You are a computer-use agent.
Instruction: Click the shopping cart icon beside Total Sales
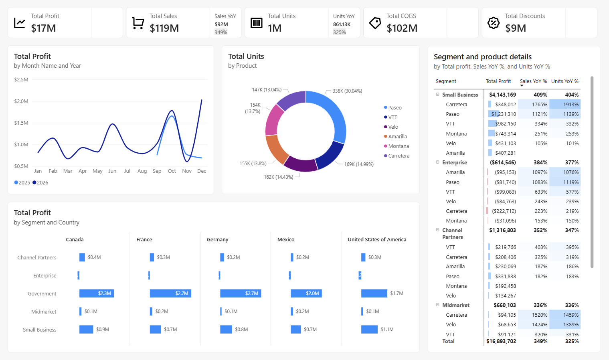[x=138, y=23]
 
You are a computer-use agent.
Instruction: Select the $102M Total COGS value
[x=402, y=28]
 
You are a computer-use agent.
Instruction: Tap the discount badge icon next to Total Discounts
[x=493, y=23]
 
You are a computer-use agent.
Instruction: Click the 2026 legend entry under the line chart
[x=40, y=182]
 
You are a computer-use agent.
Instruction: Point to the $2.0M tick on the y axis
[x=21, y=101]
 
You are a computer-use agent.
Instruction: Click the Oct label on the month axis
[x=172, y=171]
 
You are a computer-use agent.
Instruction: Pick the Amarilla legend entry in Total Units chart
[x=397, y=136]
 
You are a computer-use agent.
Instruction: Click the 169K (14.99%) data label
[x=359, y=164]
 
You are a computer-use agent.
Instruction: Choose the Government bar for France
[x=170, y=293]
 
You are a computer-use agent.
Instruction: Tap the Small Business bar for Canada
[x=86, y=330]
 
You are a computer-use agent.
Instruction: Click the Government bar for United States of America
[x=374, y=293]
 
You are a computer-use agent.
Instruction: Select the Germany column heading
[x=217, y=239]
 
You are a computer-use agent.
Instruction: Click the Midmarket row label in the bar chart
[x=44, y=311]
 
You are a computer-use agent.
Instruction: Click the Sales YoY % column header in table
[x=533, y=81]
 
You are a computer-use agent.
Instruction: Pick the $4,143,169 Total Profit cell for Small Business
[x=502, y=95]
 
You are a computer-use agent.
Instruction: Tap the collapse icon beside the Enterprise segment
[x=437, y=162]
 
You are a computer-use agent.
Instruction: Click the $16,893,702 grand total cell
[x=501, y=341]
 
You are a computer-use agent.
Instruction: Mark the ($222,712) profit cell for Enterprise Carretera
[x=504, y=211]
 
